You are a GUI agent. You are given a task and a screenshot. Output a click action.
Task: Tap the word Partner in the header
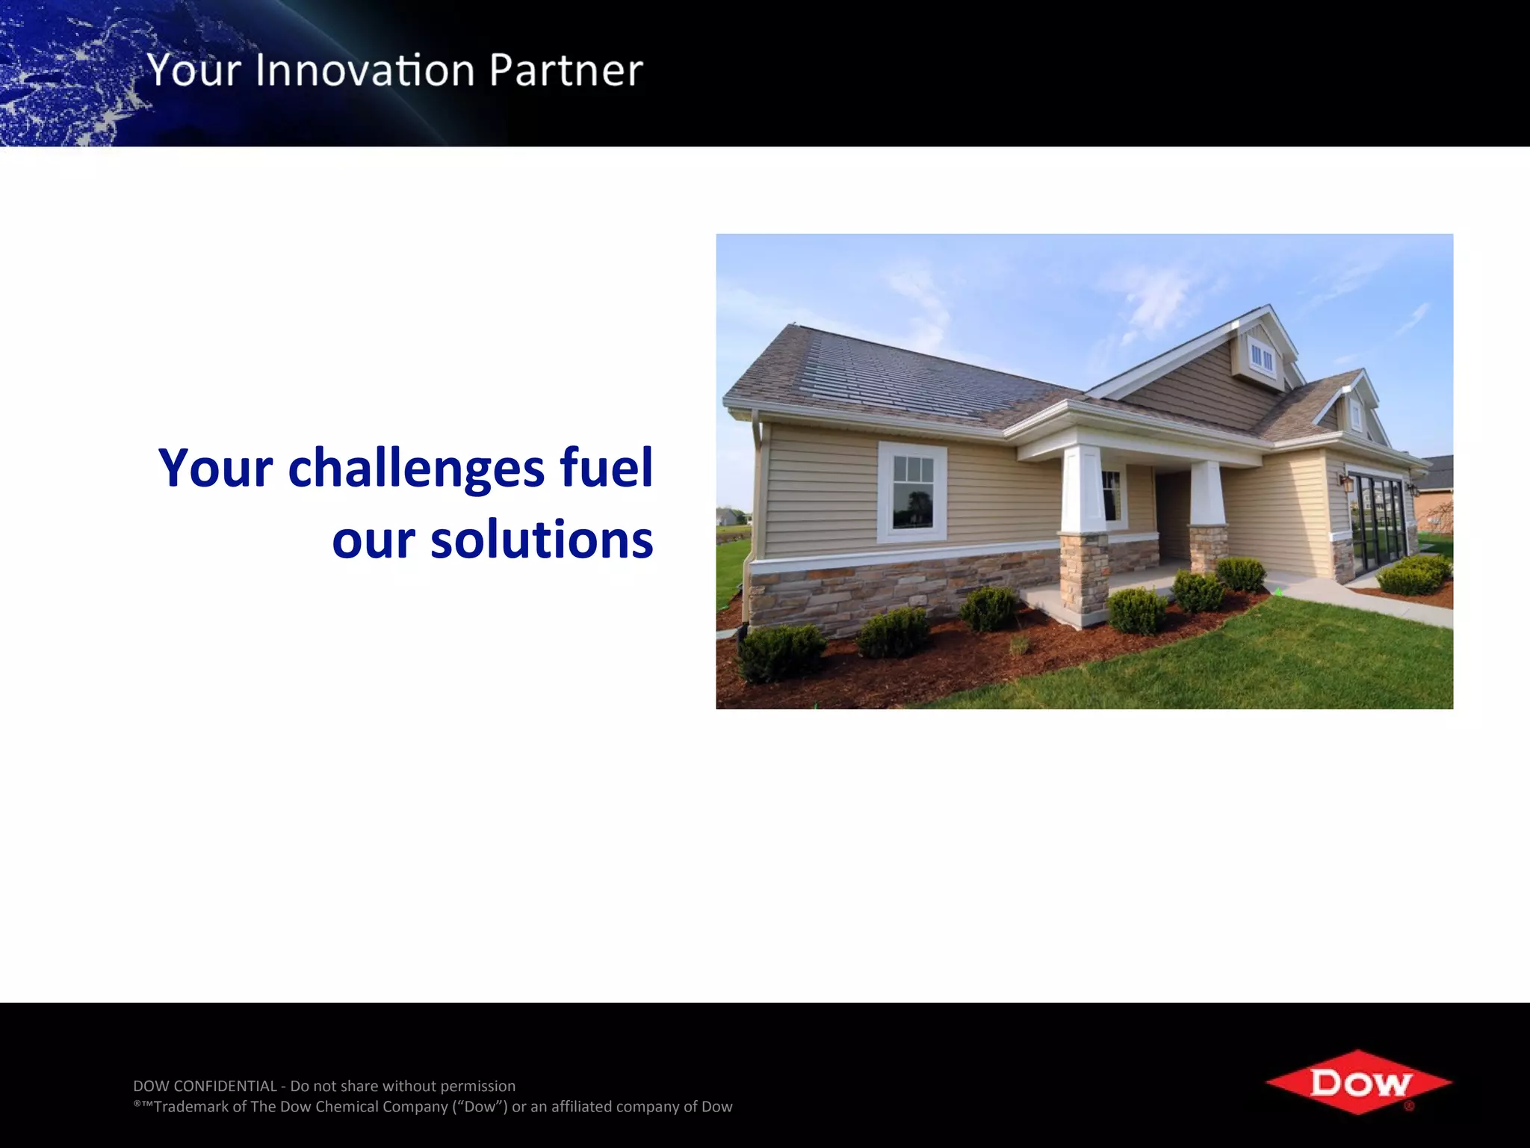(x=566, y=70)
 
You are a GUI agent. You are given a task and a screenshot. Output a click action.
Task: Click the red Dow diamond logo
(x=1358, y=1082)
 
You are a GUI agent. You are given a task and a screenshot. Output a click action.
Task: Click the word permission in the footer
(x=478, y=1086)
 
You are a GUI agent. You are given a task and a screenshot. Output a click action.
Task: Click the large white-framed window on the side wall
(x=912, y=492)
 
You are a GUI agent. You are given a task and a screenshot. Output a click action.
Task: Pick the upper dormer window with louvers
(x=1261, y=358)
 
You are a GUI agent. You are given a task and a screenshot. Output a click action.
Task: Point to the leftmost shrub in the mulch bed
(x=781, y=652)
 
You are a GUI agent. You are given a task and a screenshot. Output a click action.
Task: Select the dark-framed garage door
(x=1378, y=523)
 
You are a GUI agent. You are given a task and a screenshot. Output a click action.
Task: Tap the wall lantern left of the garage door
(x=1346, y=482)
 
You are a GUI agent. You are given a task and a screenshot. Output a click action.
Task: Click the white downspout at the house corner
(x=755, y=486)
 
